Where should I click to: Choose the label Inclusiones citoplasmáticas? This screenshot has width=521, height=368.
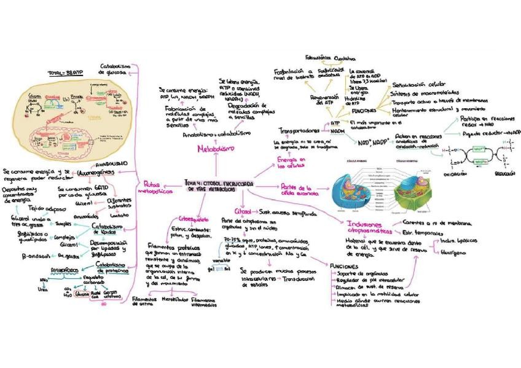tap(369, 228)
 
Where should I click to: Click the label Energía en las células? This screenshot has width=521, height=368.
tap(292, 162)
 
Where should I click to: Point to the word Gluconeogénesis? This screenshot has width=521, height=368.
tap(99, 173)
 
